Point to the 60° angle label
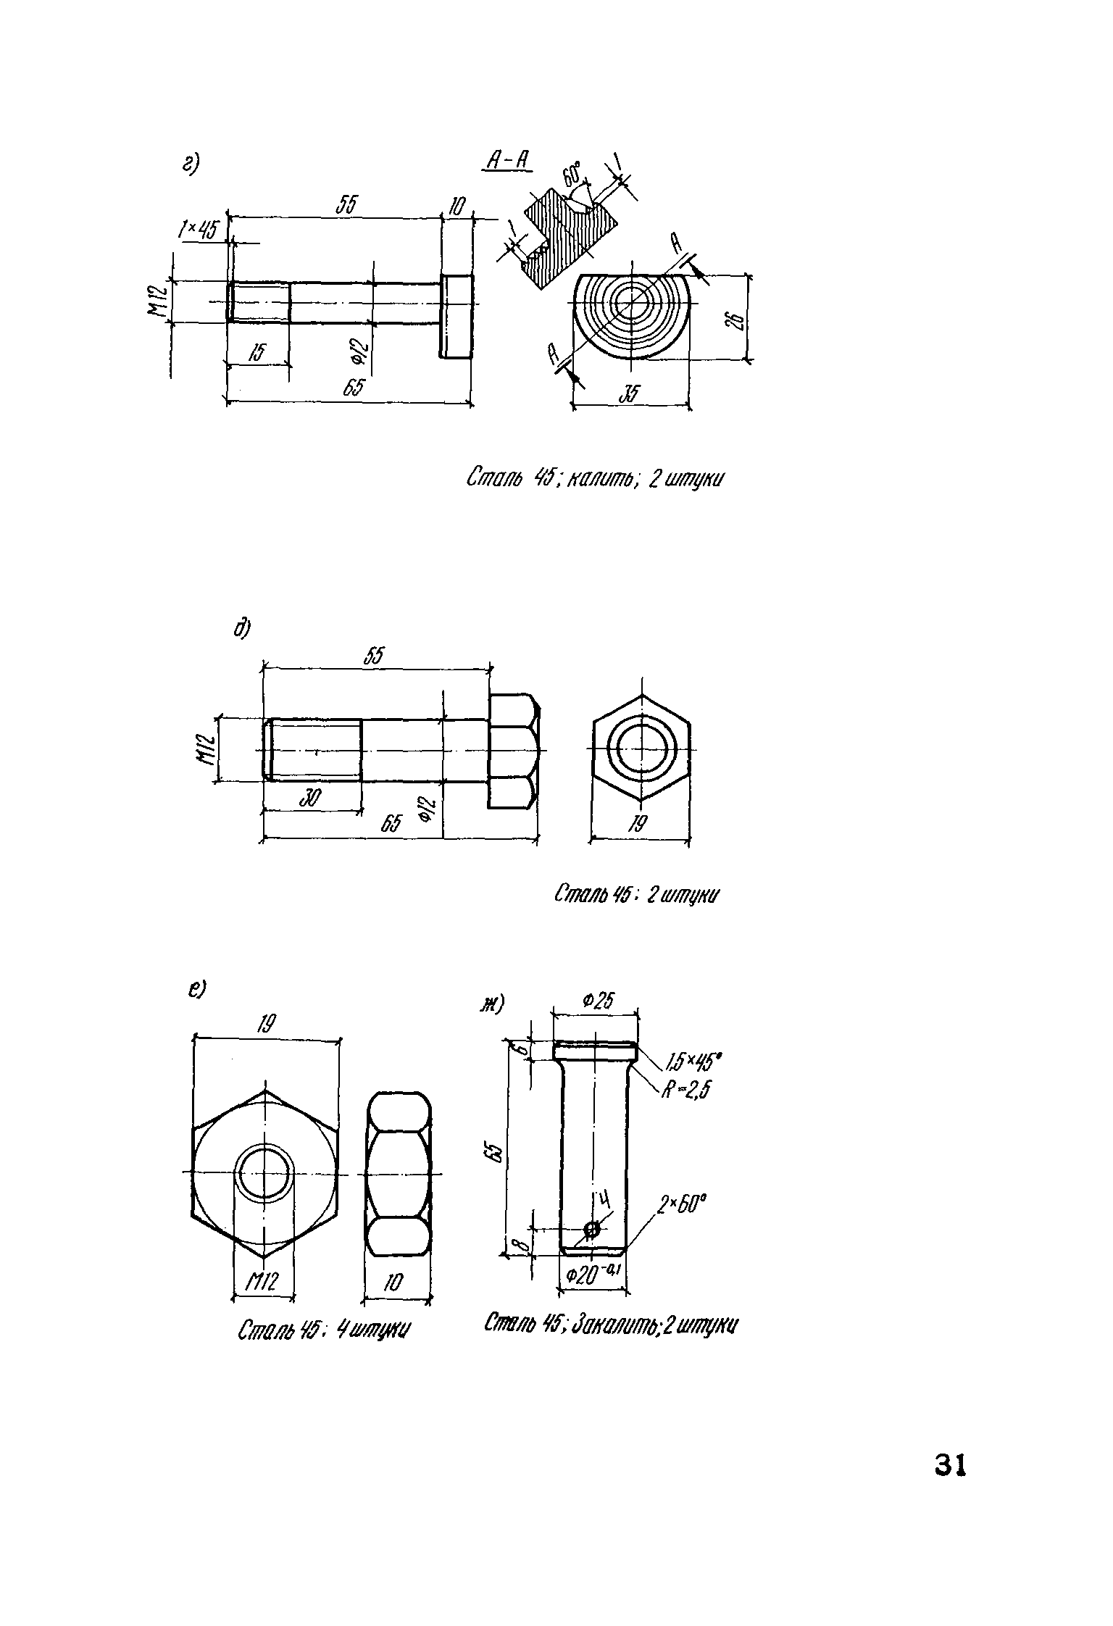click(572, 175)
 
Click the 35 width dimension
click(630, 396)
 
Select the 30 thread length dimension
click(309, 798)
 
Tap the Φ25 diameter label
click(597, 1001)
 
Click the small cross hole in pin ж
click(592, 1228)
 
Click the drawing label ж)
click(492, 1004)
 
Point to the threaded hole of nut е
click(266, 1172)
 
